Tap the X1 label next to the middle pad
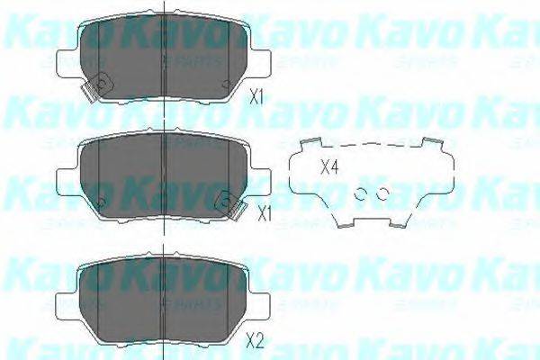pos(264,213)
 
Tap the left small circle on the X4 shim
pos(362,193)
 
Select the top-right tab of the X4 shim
pos(435,143)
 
